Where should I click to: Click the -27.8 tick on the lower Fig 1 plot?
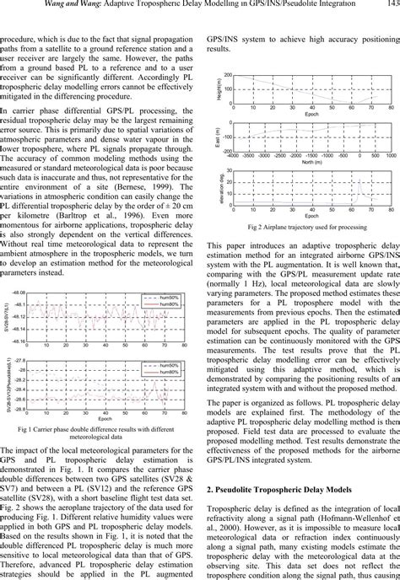19,359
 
